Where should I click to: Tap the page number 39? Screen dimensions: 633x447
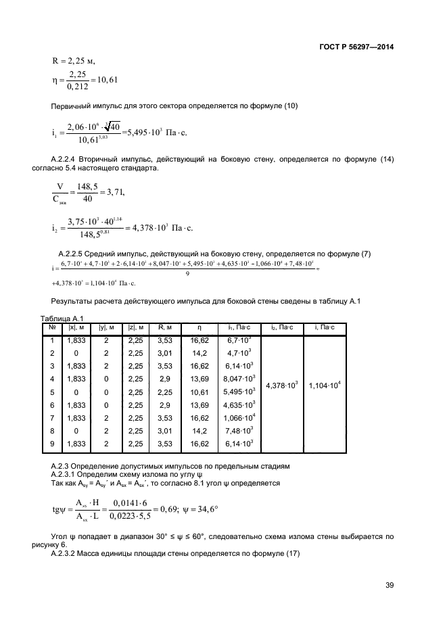388,585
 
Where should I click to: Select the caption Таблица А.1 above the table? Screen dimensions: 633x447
62,319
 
